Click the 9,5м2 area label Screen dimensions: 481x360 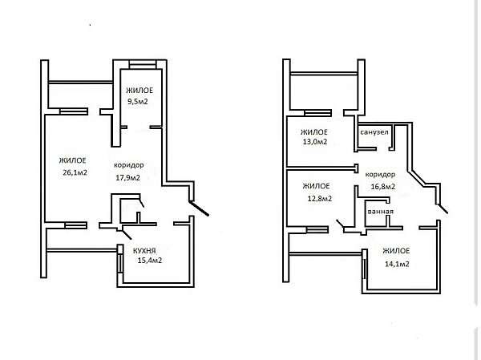(138, 102)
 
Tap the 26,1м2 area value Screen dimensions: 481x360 (75, 173)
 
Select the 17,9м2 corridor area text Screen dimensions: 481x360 (128, 178)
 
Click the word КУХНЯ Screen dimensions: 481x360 (144, 251)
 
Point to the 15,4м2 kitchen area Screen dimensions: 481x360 (150, 261)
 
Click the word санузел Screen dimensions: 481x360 (374, 132)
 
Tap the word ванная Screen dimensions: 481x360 (380, 212)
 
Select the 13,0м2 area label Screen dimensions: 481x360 (315, 142)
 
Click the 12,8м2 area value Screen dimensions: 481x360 (320, 199)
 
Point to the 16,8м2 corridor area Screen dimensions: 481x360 (383, 187)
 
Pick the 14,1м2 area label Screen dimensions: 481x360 (397, 264)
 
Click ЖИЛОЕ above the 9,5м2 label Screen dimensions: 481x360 (139, 91)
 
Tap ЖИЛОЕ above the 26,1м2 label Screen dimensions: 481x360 (73, 160)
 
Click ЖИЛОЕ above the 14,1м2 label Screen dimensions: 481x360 (396, 251)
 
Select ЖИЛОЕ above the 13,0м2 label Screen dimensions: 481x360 (314, 132)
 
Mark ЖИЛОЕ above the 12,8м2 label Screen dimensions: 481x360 (317, 186)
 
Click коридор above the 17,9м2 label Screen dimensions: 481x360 (129, 165)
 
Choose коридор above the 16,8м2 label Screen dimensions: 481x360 (380, 175)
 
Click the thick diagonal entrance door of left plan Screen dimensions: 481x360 (199, 208)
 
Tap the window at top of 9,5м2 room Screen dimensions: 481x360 (143, 65)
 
